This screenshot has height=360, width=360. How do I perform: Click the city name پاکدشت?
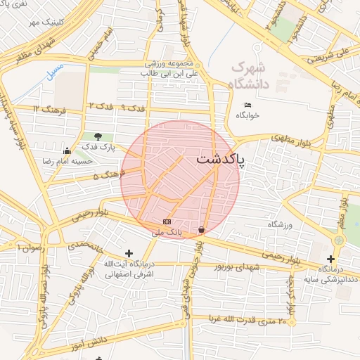(221, 159)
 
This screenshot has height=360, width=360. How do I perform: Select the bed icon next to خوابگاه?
(247, 105)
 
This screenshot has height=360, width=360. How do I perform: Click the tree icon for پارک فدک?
(97, 137)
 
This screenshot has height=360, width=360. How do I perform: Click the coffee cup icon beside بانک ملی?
(202, 230)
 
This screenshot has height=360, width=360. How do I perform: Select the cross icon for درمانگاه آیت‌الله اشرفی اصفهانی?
(129, 253)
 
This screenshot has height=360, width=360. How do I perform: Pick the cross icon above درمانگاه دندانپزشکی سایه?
(330, 259)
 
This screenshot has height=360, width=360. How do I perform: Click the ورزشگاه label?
(279, 224)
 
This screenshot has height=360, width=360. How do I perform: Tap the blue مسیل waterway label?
(53, 72)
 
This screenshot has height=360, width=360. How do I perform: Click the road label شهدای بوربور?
(238, 268)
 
